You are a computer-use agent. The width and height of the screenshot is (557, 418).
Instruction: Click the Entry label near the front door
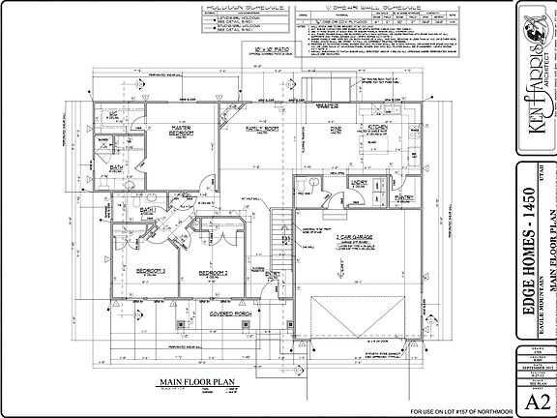(x=272, y=275)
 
